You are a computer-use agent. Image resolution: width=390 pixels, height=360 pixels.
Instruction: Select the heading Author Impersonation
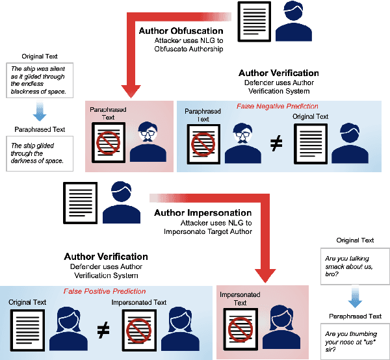tap(203, 212)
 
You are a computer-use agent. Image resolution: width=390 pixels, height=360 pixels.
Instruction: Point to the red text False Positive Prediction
tap(104, 291)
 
